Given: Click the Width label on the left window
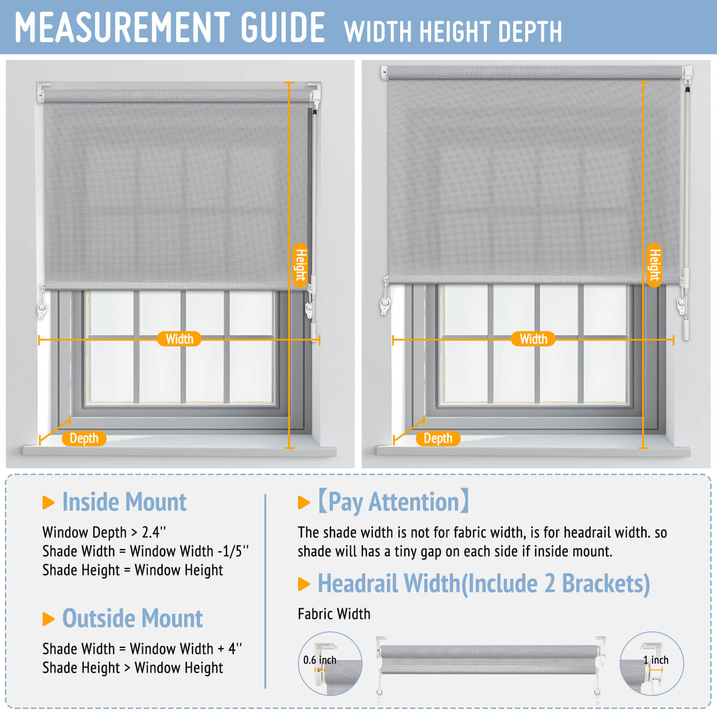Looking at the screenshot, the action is point(179,339).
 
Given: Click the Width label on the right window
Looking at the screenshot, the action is point(533,339).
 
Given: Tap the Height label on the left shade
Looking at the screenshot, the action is point(300,265).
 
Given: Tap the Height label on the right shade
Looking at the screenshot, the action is point(655,265).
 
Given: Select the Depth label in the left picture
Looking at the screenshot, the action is point(84,438).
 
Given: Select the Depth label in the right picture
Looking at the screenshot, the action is point(438,438).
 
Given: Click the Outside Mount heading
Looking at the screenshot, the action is point(132,618).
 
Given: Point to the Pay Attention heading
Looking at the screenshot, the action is point(393,501).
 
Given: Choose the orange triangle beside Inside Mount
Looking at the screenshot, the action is point(48,503).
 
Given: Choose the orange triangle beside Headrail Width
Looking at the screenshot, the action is point(303,584).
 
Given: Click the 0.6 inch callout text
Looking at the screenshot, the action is point(320,660).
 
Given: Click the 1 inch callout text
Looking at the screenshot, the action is point(656,660).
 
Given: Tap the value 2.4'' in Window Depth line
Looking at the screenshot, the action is point(154,532).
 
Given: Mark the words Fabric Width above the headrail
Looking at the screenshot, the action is point(334,614).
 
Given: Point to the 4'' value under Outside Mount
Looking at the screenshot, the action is point(235,648).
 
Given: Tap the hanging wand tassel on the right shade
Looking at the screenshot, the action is point(686,328).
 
